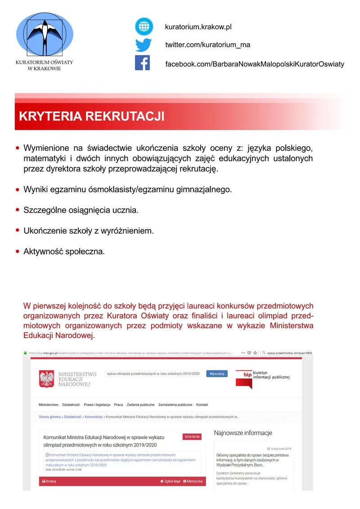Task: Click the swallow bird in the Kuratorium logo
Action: point(44,34)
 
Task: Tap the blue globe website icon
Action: point(144,27)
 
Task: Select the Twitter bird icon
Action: point(144,45)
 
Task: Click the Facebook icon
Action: point(142,63)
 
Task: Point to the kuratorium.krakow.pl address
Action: point(198,27)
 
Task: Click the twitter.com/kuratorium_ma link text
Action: point(207,45)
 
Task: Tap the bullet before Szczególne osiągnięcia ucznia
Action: point(18,210)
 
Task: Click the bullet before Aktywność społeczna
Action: point(18,251)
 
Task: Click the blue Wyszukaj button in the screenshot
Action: point(217,374)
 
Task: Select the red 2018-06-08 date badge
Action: point(193,437)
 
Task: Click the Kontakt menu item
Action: point(202,405)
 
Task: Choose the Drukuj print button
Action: point(49,481)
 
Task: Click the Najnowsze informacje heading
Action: point(243,433)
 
